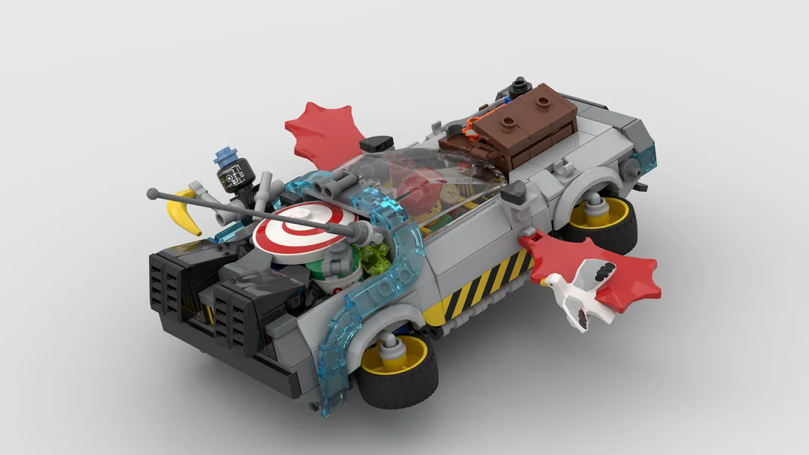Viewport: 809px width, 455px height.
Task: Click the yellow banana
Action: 185,212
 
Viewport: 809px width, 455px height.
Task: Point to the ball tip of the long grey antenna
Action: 153,193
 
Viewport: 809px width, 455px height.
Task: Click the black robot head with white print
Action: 234,178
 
